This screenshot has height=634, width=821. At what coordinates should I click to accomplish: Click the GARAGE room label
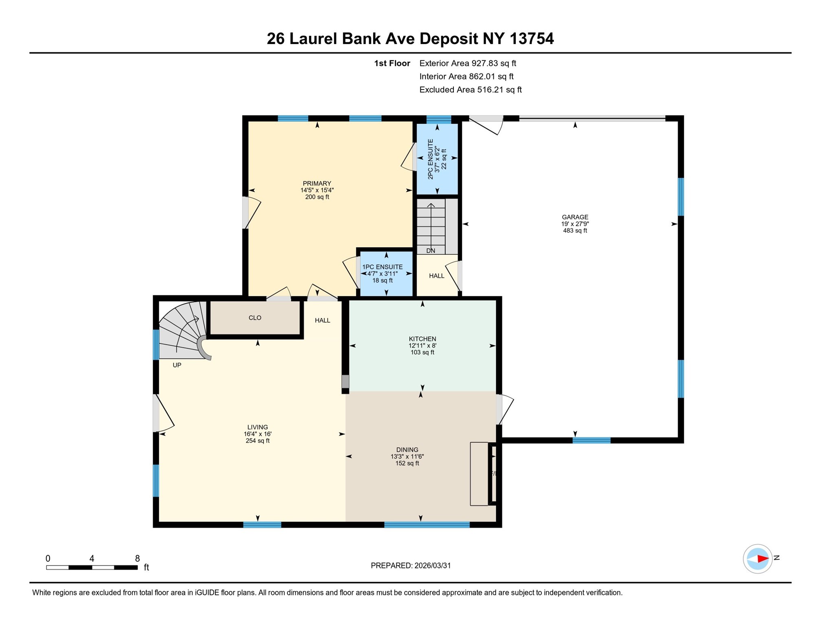[574, 217]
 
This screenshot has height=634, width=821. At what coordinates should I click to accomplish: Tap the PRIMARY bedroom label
[317, 183]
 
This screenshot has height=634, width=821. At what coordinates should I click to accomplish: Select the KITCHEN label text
[422, 338]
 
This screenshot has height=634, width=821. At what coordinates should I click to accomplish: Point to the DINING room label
[407, 449]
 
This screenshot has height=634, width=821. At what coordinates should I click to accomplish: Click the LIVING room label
[257, 426]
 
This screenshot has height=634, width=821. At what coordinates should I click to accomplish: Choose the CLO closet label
[255, 317]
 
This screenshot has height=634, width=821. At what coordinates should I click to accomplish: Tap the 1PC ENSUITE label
[382, 267]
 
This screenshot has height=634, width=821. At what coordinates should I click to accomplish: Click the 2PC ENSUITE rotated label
[430, 159]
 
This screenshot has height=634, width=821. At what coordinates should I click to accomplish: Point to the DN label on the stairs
[430, 250]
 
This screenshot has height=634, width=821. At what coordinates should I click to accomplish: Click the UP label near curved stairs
[177, 365]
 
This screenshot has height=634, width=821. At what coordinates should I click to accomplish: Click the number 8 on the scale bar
[137, 558]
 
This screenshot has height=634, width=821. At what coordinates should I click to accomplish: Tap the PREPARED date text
[410, 565]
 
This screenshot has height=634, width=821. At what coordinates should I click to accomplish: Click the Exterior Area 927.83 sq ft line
[467, 63]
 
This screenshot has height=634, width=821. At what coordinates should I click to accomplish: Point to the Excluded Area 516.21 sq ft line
[470, 90]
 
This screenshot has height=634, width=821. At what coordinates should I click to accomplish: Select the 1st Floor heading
[392, 63]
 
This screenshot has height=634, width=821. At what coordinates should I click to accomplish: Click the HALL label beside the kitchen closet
[322, 320]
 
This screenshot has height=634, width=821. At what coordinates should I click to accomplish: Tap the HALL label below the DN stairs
[436, 275]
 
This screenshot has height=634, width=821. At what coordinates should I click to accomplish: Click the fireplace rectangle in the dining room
[479, 473]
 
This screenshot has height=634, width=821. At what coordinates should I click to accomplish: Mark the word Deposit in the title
[448, 39]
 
